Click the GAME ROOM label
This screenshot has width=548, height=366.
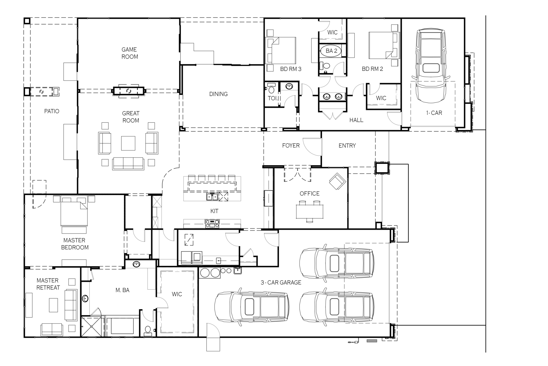pos(130,53)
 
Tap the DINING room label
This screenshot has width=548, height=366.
pos(218,94)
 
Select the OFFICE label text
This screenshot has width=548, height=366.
pos(309,194)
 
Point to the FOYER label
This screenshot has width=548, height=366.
pos(291,146)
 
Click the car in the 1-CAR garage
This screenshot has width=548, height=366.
pos(431,65)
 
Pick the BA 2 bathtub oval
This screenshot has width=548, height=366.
pos(332,51)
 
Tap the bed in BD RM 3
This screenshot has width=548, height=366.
pos(281,50)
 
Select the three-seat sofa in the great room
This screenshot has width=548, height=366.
pos(128,164)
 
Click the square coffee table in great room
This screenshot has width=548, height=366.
pos(128,143)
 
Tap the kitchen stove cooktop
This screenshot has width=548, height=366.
pos(212,224)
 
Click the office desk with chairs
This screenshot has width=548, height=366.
pos(310,211)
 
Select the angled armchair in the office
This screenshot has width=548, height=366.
pos(337,181)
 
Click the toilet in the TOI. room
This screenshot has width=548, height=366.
pos(271,89)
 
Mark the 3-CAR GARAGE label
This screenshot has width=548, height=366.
pos(281,283)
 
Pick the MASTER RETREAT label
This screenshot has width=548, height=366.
pos(48,284)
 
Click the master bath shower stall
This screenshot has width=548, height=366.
pos(91,326)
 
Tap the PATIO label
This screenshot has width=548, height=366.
pos(52,111)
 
